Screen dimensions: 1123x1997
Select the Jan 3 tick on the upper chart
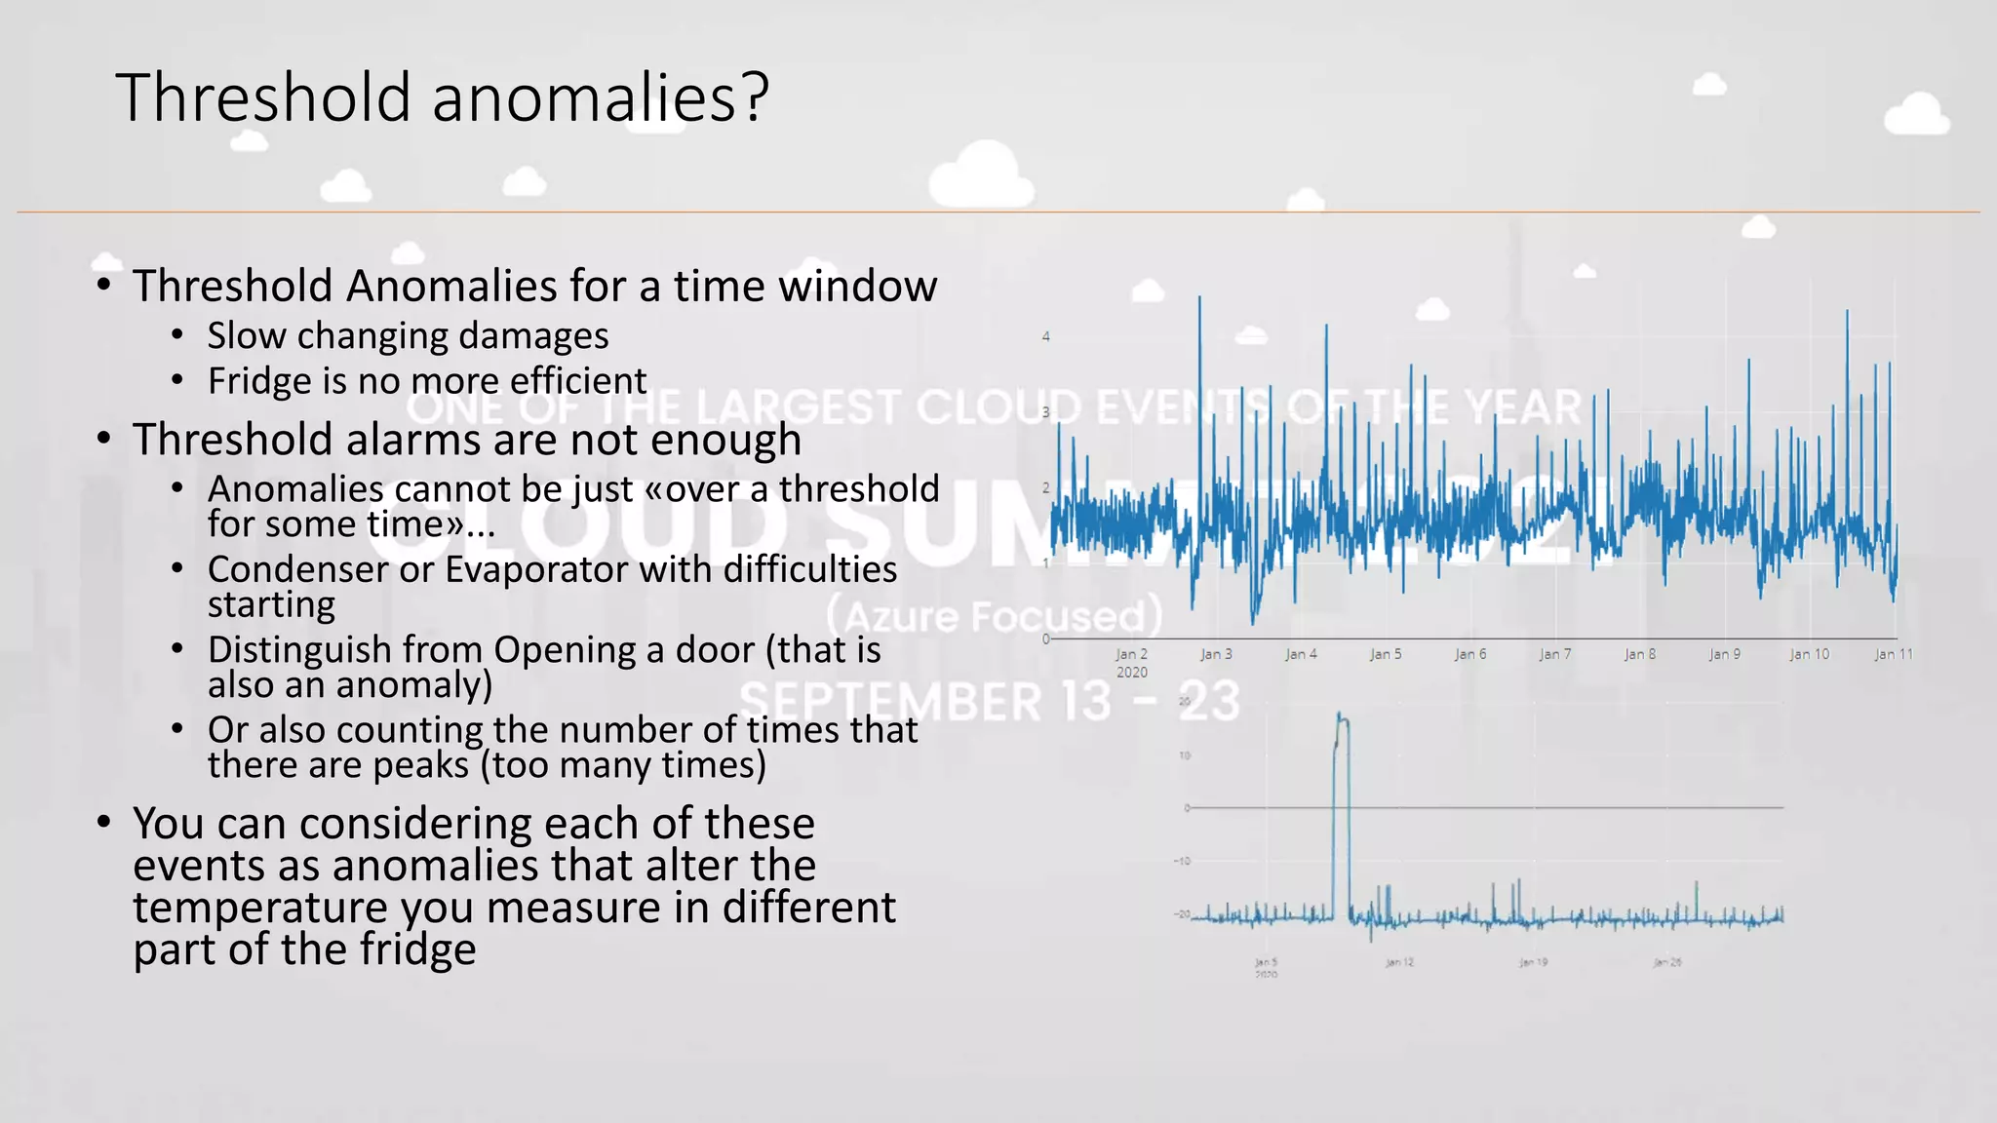point(1216,654)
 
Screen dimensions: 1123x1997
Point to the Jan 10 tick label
point(1809,654)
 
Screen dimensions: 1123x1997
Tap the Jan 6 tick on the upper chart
point(1470,654)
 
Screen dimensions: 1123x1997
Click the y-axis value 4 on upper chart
point(1046,336)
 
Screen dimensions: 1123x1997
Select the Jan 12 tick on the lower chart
point(1399,962)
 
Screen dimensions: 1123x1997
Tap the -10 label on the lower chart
point(1183,861)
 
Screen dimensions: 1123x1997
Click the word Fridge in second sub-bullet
point(255,380)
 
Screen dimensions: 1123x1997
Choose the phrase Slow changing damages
point(408,335)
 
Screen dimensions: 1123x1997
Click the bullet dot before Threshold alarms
point(104,439)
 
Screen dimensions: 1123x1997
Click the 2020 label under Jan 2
point(1131,673)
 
